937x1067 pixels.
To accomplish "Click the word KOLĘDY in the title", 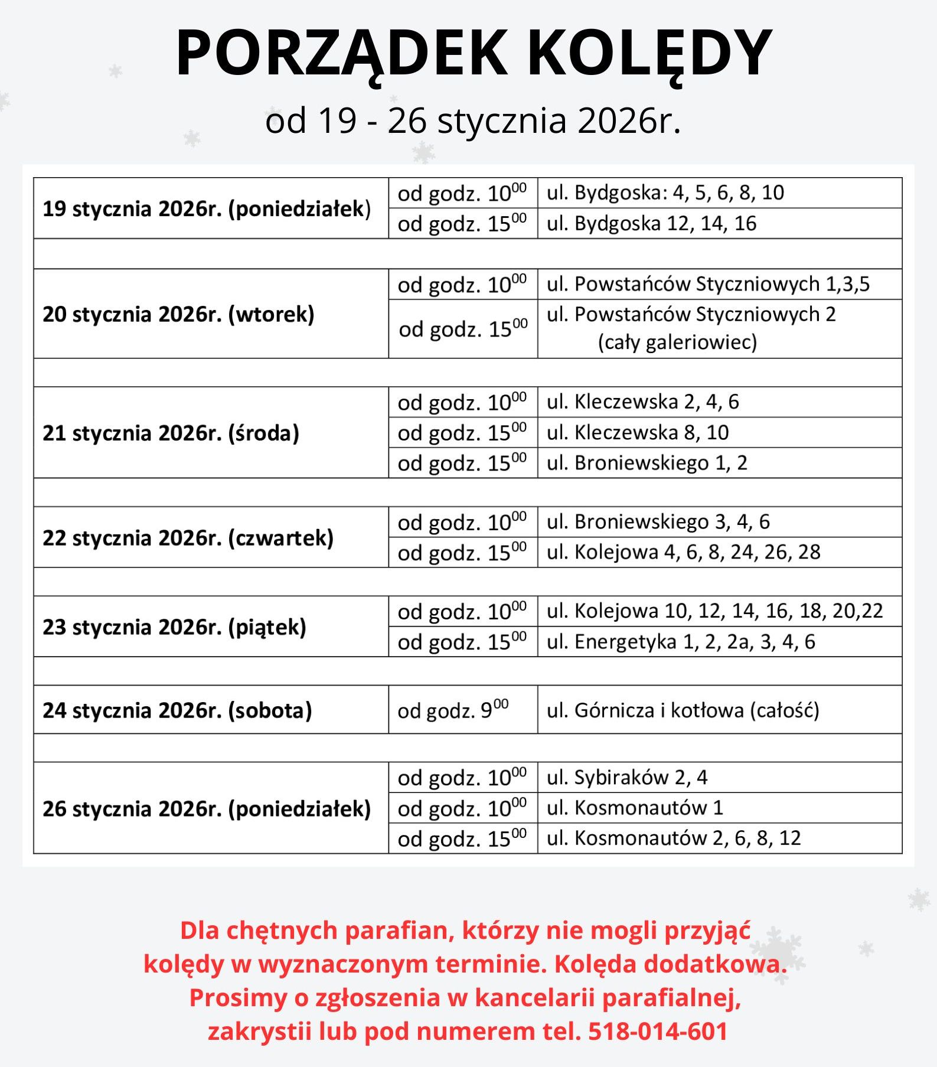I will point(649,53).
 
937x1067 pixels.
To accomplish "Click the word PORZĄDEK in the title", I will point(341,53).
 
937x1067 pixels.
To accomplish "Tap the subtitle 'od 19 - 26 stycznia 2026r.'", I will point(473,120).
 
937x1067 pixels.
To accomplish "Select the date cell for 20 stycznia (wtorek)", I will point(178,314).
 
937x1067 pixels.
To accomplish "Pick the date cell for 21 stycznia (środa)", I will point(171,433).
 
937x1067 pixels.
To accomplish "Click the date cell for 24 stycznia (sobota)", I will point(177,710).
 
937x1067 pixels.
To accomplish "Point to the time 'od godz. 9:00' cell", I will point(453,710).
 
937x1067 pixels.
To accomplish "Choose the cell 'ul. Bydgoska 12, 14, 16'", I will point(651,223).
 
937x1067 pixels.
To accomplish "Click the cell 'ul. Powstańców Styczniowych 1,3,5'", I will point(708,284).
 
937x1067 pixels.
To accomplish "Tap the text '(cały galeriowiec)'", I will point(677,342).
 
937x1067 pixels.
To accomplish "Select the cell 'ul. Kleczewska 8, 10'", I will point(638,432).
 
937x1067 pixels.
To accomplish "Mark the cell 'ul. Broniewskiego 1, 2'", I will point(647,462).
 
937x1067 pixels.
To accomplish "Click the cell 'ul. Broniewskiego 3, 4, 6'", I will point(658,521).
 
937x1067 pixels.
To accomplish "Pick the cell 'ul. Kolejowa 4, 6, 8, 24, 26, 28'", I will point(683,552).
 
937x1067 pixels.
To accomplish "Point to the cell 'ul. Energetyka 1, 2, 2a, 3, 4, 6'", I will point(680,641).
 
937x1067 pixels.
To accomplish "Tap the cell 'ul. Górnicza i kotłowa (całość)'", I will point(683,710).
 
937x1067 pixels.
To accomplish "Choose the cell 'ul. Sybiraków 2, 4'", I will point(626,777).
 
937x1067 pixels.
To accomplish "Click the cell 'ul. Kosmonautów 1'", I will point(635,807).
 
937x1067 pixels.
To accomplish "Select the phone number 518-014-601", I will point(658,1031).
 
